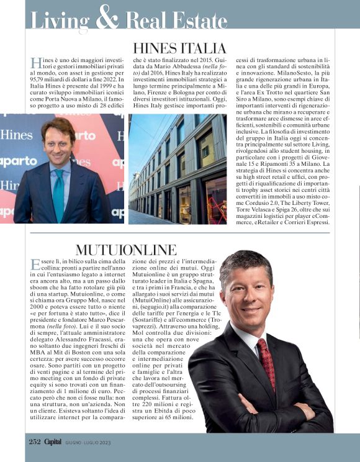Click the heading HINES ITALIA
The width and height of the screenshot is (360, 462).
tap(180, 48)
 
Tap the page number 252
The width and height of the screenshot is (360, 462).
tap(34, 442)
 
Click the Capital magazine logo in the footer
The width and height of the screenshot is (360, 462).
tap(57, 442)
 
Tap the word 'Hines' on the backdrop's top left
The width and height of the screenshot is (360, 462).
tap(16, 134)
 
